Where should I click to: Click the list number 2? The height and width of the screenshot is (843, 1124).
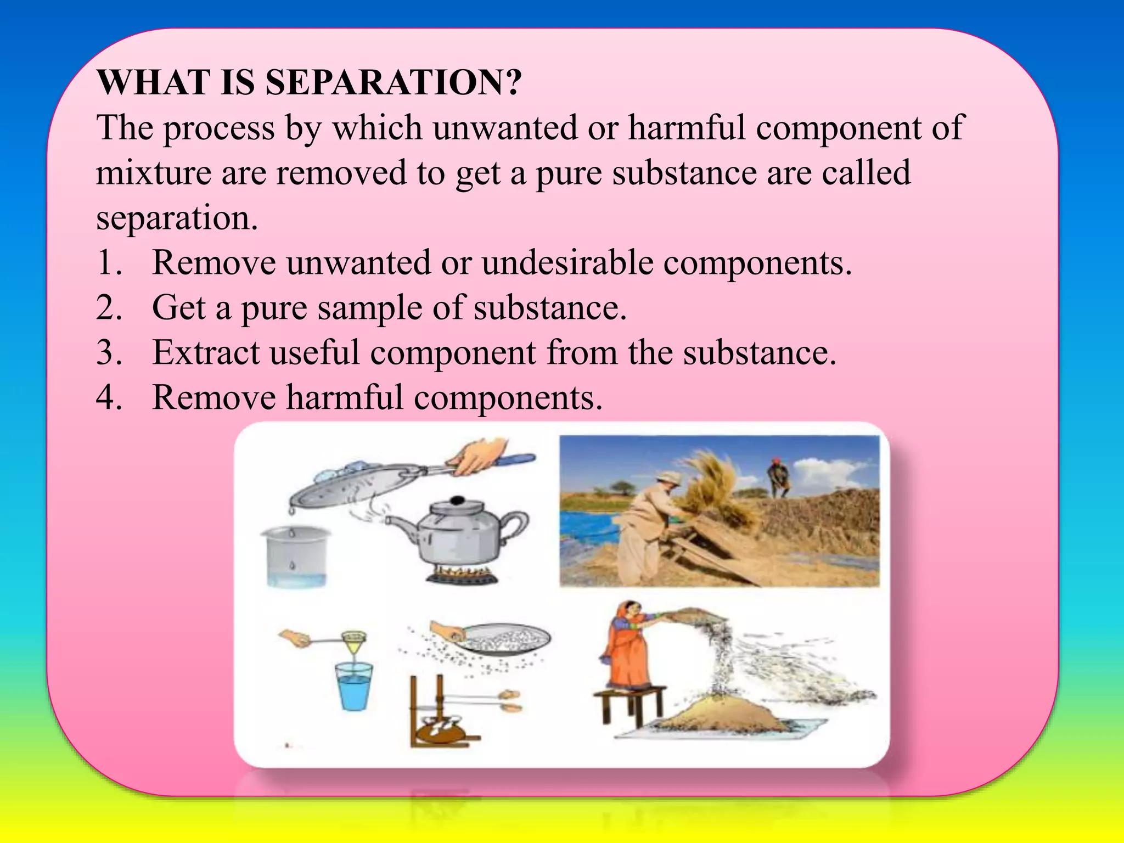click(109, 307)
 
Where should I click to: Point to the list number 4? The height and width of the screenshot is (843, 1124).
click(109, 397)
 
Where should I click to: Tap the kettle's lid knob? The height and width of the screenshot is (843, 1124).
click(457, 501)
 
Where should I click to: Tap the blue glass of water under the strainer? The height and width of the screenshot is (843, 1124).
click(354, 686)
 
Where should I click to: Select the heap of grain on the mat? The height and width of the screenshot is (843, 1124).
click(713, 713)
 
